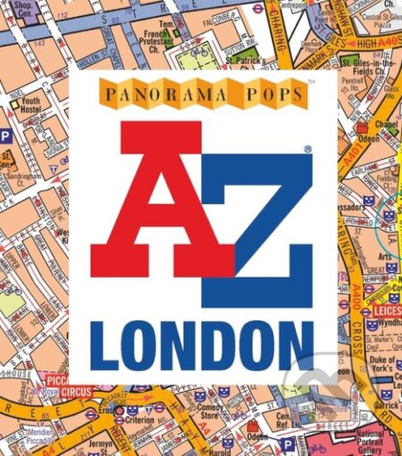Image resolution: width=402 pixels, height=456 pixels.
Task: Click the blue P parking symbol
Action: (x=4, y=137)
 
